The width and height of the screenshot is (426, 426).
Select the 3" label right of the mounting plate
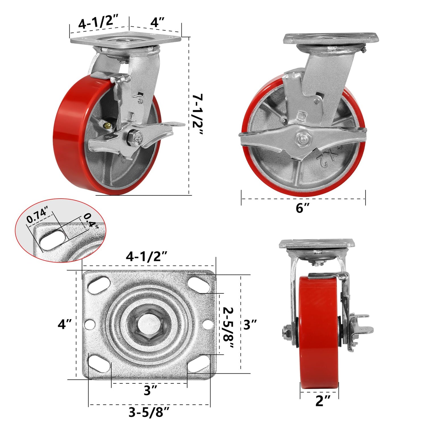[250, 324]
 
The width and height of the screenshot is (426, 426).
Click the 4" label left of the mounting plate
[64, 324]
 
